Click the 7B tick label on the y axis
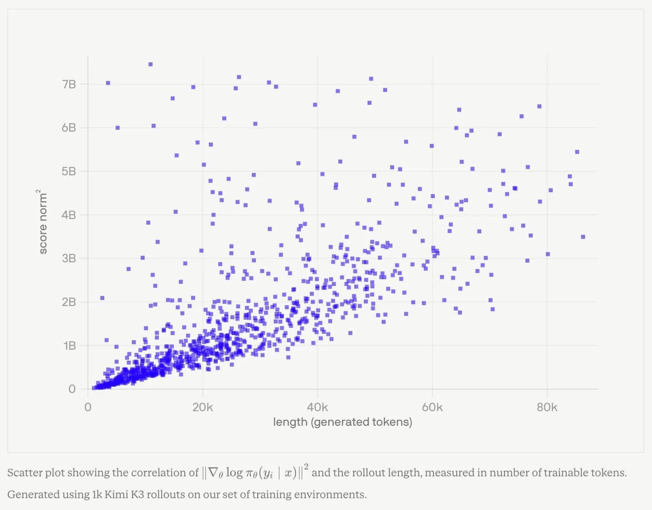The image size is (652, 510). pos(69,85)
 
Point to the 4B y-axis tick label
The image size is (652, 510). pos(69,215)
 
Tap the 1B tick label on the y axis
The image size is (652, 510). pos(69,346)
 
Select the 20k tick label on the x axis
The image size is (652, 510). pos(203,408)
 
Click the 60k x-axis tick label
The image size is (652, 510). pos(432,408)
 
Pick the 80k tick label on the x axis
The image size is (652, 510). pos(547,408)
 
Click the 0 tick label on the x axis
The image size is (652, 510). pos(88,408)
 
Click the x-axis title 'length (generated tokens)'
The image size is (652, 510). pos(342,422)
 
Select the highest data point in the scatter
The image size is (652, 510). pos(151,65)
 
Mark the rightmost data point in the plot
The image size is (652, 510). pos(583,237)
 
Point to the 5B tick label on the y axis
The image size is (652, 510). pos(69,172)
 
